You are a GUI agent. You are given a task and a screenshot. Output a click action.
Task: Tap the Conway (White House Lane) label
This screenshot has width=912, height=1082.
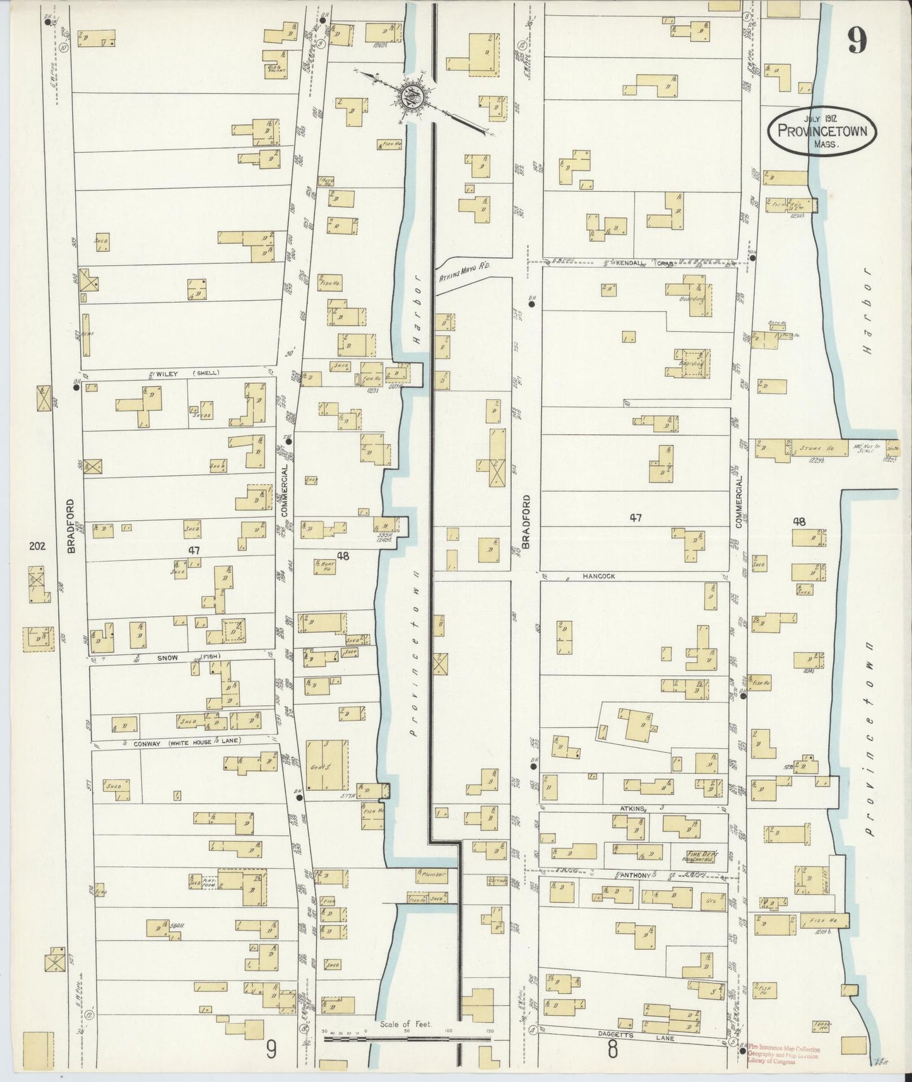point(187,744)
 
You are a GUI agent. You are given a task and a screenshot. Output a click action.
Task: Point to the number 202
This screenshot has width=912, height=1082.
point(37,547)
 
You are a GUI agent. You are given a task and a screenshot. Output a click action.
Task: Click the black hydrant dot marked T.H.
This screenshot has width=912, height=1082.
point(288,441)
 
